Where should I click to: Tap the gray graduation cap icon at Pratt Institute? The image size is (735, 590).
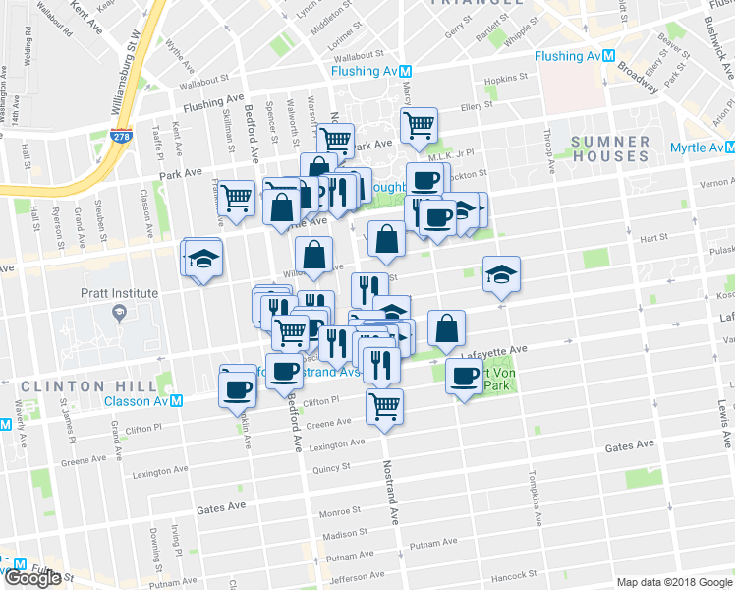120,312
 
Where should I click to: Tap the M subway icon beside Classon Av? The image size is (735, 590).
176,400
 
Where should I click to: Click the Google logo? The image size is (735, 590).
32,578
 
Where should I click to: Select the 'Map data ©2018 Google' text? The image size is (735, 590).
672,582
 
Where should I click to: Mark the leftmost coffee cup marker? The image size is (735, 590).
238,388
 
